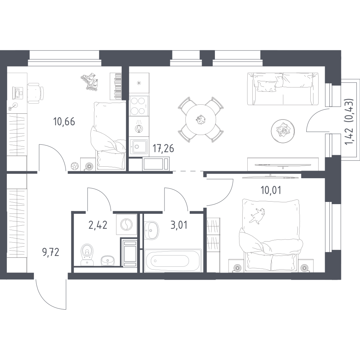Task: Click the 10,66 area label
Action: pos(64,121)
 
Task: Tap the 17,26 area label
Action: pos(163,149)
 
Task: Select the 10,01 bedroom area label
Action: pos(271,190)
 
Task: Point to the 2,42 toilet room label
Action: pos(98,225)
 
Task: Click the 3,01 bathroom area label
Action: pos(179,225)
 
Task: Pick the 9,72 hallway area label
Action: pos(51,252)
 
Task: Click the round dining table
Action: pos(201,120)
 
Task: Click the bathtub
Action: pos(172,260)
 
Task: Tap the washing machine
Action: pos(126,225)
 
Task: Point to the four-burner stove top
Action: pos(139,106)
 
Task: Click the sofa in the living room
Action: pos(283,89)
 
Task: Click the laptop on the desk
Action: pos(18,92)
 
